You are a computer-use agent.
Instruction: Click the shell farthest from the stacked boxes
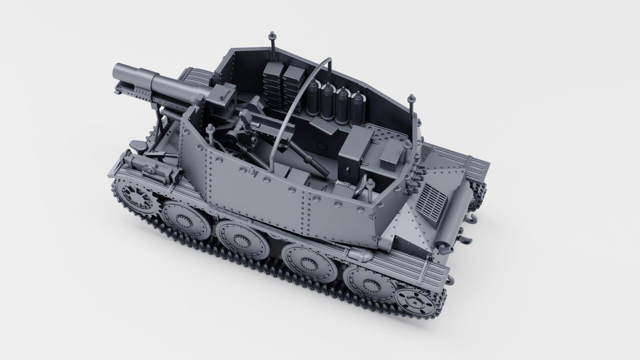[357, 106]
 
